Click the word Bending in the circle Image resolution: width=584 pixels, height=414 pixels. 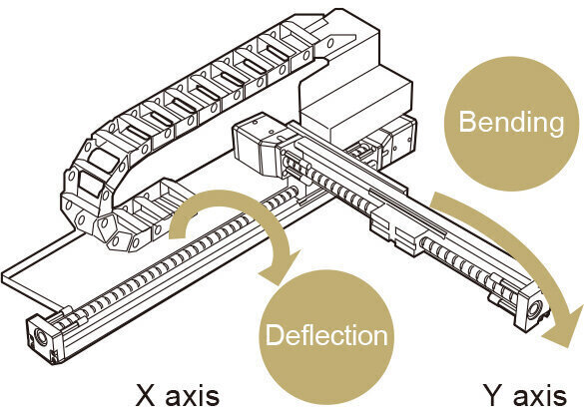point(511,124)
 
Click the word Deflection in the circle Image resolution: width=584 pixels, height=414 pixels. point(326,335)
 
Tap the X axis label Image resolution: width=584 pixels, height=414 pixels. point(177,396)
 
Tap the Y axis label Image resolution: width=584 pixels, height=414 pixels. point(525,396)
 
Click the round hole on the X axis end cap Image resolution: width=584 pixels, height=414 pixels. point(40,338)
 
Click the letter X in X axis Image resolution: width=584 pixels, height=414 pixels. point(145,396)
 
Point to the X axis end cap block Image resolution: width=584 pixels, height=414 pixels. point(44,337)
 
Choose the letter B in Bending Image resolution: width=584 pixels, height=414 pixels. point(467,122)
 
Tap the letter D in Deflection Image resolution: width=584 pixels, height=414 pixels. point(275,335)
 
